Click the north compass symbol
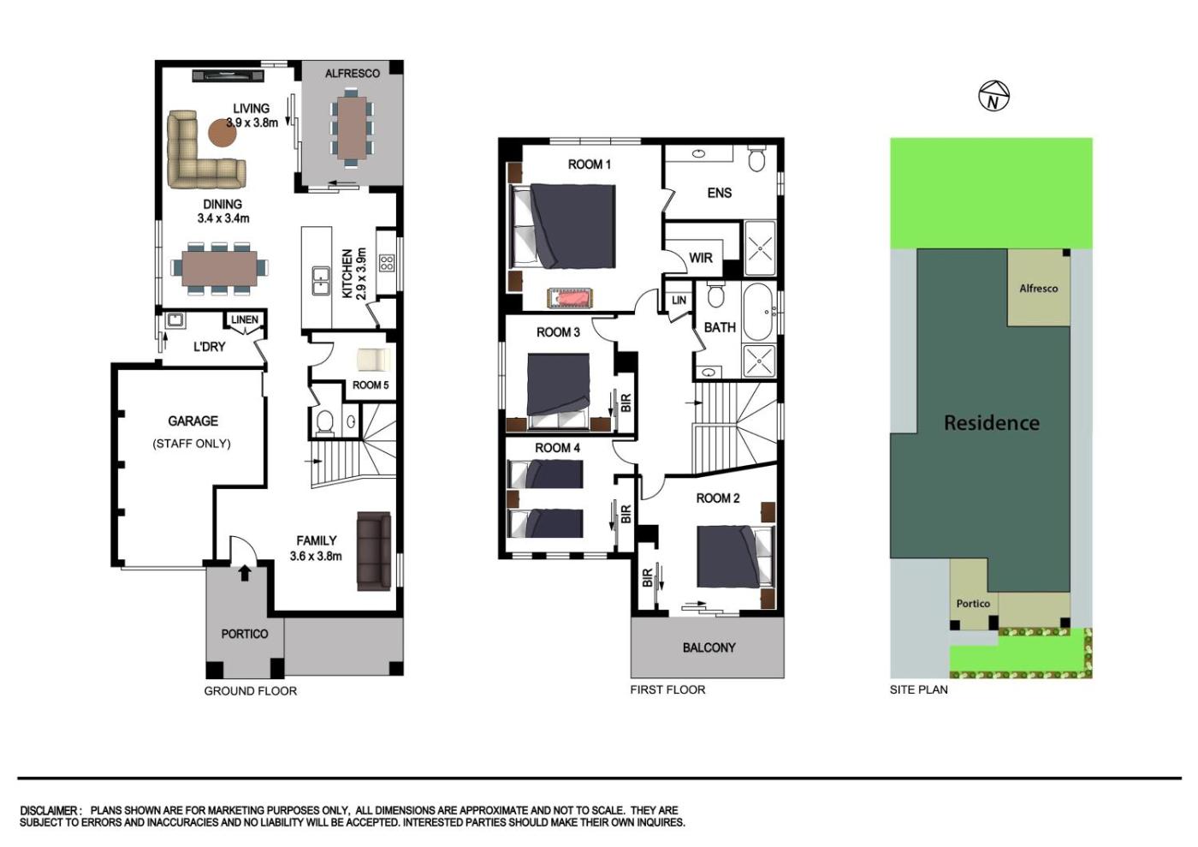[x=993, y=96]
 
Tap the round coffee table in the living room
[x=222, y=132]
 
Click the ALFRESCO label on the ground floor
[x=353, y=74]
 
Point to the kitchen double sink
[x=321, y=279]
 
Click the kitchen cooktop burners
[x=387, y=263]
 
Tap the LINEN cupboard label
[x=245, y=319]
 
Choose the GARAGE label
[x=193, y=421]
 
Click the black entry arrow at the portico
[x=245, y=574]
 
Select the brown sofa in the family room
[x=374, y=551]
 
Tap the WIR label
[x=701, y=258]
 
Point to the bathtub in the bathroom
[x=758, y=312]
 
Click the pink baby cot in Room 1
[x=570, y=298]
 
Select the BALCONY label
[x=709, y=647]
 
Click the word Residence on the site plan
[x=992, y=423]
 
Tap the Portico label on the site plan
[x=973, y=604]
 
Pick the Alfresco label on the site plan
[x=1038, y=288]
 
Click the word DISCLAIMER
[x=50, y=810]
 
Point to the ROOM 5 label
[x=370, y=385]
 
